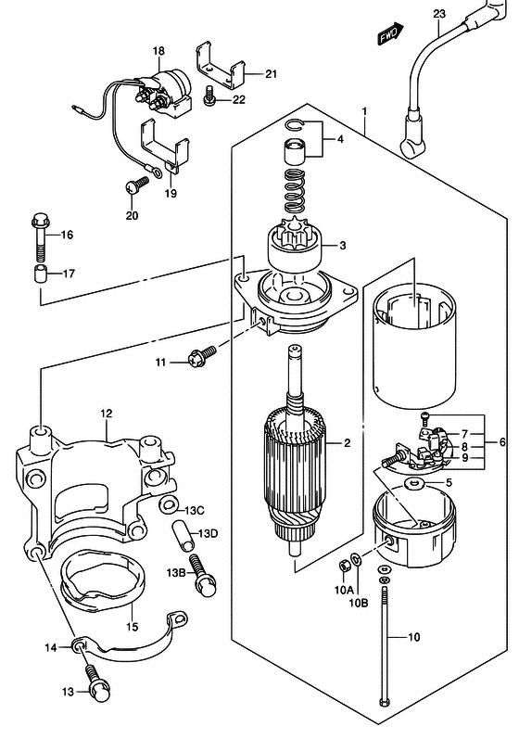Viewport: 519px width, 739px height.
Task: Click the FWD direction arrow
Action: click(390, 33)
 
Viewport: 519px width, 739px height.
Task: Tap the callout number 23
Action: click(439, 14)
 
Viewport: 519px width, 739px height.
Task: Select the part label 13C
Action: click(194, 510)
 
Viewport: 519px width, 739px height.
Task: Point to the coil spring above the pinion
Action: click(294, 191)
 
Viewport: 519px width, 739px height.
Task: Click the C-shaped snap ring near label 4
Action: click(296, 124)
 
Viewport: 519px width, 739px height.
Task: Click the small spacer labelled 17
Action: click(40, 274)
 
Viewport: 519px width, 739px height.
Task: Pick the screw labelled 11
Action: click(202, 357)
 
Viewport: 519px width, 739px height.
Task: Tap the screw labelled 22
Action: click(209, 96)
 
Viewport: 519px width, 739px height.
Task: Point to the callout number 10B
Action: click(359, 603)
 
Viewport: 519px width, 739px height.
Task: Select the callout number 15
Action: click(133, 627)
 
